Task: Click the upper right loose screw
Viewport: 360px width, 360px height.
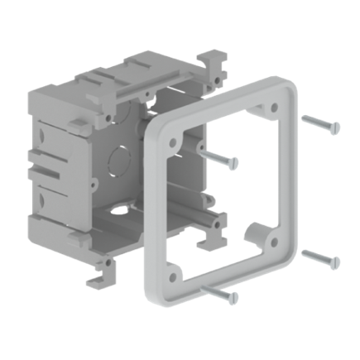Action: point(321,123)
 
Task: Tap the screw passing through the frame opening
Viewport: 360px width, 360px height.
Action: point(220,156)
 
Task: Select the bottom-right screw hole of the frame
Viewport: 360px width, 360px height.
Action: point(270,242)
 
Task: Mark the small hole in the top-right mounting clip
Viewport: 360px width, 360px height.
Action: point(217,79)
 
